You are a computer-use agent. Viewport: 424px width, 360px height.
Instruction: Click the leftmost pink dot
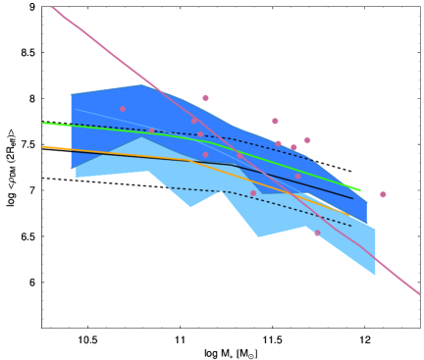tap(123, 109)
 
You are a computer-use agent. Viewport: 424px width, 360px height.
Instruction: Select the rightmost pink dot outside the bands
tap(383, 194)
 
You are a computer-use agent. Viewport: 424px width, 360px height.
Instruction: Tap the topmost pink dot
tap(205, 98)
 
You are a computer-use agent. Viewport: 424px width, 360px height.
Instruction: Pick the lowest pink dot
tap(317, 233)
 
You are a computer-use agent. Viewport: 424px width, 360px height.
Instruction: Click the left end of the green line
tap(43, 123)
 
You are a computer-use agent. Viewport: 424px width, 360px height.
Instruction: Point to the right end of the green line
tap(360, 190)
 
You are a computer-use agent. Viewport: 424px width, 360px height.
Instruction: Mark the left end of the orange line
tap(43, 146)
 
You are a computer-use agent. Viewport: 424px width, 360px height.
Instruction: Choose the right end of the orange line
tap(348, 215)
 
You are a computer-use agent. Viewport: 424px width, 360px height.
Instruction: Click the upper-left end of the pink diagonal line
tap(52, 7)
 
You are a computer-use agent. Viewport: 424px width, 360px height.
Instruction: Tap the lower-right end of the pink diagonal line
tap(420, 294)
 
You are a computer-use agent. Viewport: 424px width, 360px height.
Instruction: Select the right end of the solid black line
tap(352, 199)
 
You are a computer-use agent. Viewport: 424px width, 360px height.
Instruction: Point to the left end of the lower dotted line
tap(167, 187)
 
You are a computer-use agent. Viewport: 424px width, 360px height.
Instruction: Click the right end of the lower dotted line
tap(351, 227)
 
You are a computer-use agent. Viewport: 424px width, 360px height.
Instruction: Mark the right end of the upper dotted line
tap(312, 159)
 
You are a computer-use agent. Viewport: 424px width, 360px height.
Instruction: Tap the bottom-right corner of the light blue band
tap(375, 276)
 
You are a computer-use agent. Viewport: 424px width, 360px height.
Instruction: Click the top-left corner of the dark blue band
tap(71, 94)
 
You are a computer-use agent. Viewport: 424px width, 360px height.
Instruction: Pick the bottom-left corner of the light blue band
tap(76, 178)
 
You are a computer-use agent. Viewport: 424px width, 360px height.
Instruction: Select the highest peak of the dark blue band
tap(145, 84)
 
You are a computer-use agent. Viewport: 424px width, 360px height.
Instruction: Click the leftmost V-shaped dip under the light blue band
tap(190, 207)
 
